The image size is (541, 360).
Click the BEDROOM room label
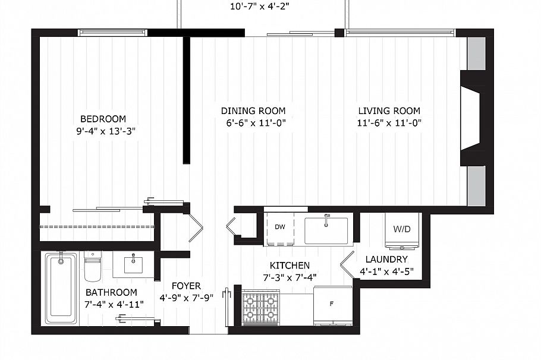103,119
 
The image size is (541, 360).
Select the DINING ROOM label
253,110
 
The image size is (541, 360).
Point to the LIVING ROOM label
389,110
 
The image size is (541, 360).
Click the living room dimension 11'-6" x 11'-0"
389,123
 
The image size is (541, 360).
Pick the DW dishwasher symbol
280,226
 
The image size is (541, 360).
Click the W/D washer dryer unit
402,229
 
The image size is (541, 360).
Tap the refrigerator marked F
332,304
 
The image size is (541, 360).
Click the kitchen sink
326,229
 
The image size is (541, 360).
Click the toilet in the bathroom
92,266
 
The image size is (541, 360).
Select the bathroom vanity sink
133,263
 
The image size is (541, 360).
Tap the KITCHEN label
290,266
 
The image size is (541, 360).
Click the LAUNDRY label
386,259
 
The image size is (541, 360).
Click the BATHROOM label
111,292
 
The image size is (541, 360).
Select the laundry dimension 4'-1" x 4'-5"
386,271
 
